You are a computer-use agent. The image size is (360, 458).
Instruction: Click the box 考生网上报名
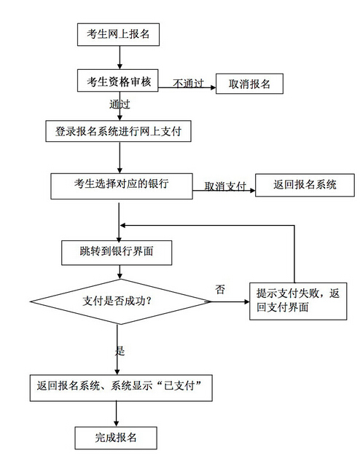(x=118, y=34)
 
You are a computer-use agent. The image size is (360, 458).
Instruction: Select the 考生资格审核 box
(x=118, y=81)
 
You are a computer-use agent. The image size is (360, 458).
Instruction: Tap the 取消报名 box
(x=249, y=84)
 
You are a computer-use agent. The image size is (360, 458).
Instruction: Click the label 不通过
(x=188, y=83)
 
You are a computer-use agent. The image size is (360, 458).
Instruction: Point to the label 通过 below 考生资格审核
(x=120, y=104)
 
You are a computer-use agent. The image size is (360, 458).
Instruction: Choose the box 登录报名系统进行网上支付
(x=119, y=131)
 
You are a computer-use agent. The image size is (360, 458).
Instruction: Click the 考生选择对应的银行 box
(x=122, y=186)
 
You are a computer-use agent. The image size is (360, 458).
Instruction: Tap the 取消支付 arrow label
(x=225, y=186)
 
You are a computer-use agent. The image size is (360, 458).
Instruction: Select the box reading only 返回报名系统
(x=305, y=185)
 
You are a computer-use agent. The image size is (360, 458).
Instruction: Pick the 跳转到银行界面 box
(x=117, y=253)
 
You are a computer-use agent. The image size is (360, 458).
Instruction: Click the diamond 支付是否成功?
(x=120, y=301)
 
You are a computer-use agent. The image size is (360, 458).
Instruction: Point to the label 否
(x=220, y=290)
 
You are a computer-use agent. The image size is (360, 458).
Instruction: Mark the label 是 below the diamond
(x=120, y=351)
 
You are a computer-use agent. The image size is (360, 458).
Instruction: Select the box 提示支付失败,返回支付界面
(x=298, y=301)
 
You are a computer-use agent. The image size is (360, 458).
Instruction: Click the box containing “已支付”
(x=121, y=388)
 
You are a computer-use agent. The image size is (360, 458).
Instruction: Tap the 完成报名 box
(x=116, y=438)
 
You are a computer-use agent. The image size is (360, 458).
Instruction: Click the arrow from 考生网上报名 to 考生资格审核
(x=120, y=58)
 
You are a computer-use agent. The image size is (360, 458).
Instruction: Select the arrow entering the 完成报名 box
(x=117, y=414)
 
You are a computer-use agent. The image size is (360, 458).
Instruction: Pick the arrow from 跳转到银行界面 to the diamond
(x=120, y=272)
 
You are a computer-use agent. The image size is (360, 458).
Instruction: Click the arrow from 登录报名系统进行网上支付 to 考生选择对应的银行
(x=120, y=158)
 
